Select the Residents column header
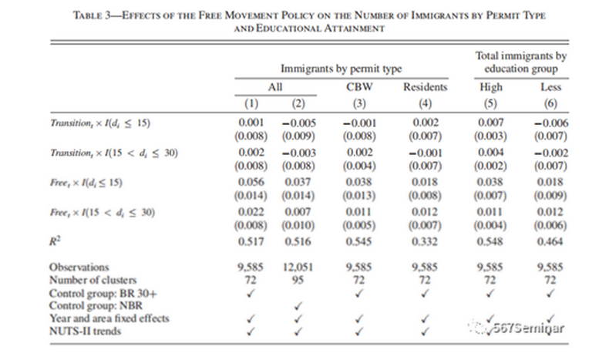tap(425, 88)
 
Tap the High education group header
tap(491, 88)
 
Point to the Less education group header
tap(551, 88)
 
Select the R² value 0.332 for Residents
tap(425, 241)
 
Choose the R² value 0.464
tap(551, 241)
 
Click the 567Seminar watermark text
tap(531, 327)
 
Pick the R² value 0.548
tap(491, 241)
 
